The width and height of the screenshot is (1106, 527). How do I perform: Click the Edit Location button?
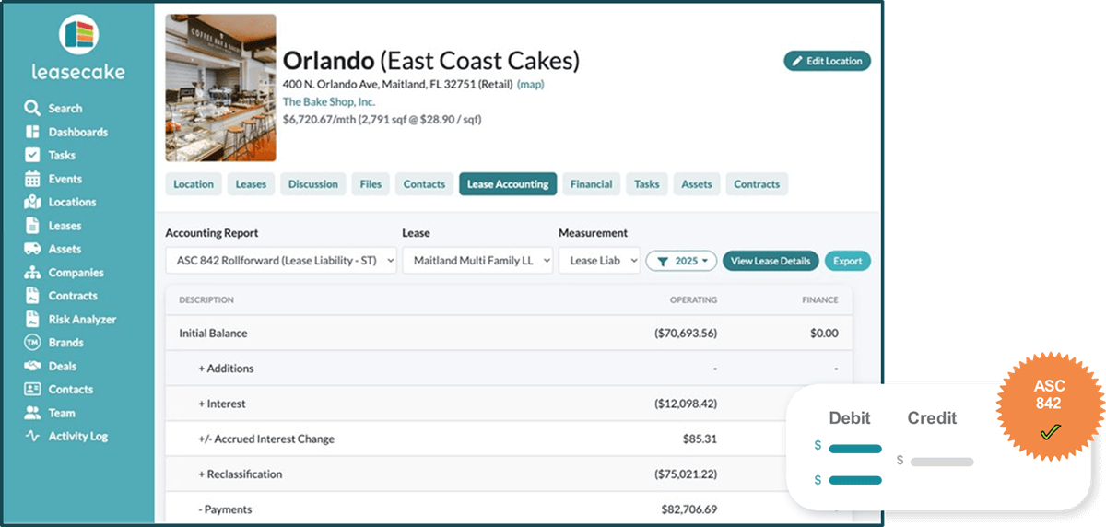[827, 61]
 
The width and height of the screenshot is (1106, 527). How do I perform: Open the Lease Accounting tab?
[508, 184]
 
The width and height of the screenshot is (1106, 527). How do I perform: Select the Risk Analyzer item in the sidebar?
[82, 319]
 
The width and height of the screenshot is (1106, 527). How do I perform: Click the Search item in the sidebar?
[65, 108]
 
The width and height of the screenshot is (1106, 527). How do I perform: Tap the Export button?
[847, 261]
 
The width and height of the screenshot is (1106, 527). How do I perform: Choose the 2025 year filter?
[681, 261]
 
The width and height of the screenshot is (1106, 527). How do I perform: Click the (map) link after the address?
[531, 84]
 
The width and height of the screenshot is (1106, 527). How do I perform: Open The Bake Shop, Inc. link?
[328, 101]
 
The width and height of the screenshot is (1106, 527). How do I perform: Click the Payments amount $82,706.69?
[688, 509]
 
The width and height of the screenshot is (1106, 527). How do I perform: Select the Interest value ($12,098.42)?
[685, 404]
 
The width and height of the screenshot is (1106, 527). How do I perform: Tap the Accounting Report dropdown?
[281, 261]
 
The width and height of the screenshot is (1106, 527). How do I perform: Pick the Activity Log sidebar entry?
[77, 436]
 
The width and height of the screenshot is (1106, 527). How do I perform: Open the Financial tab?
[591, 184]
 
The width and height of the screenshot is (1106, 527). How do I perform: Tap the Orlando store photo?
[220, 88]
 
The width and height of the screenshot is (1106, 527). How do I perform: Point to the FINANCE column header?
[819, 299]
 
